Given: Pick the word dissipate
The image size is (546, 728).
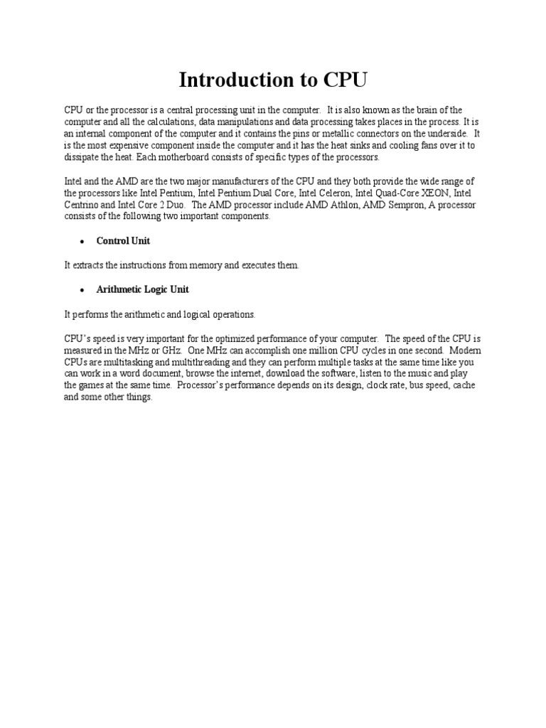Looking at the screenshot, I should click(82, 156).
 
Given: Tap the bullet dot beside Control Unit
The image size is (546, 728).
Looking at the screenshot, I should click(82, 242).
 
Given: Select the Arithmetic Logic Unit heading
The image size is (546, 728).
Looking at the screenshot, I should click(143, 289).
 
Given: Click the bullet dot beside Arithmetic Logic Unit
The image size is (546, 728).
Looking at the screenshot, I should click(82, 290).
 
